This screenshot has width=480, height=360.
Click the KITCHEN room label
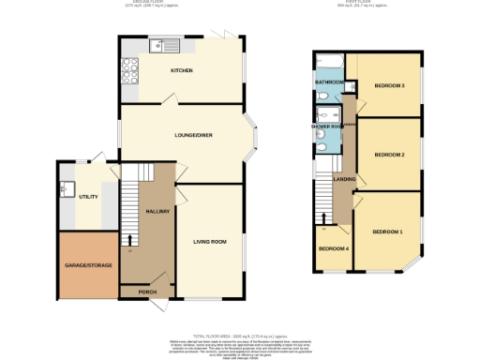click(182, 71)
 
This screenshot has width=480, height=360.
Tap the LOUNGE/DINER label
click(193, 136)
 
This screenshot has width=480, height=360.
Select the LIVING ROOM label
click(210, 243)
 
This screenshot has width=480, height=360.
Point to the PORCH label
click(148, 292)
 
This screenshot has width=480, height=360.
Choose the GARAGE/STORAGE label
click(88, 265)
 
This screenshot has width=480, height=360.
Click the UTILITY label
click(89, 197)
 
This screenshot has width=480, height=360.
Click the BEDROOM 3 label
click(389, 86)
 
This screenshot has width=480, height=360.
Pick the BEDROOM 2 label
click(389, 155)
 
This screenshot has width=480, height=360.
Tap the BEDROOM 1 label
click(386, 231)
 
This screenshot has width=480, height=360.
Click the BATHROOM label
click(330, 82)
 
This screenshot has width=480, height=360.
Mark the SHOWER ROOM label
click(327, 126)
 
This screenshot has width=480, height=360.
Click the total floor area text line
click(240, 335)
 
